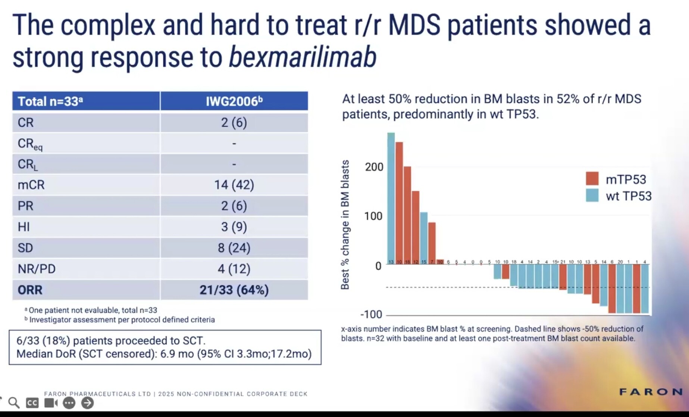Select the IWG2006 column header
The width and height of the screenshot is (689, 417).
click(234, 101)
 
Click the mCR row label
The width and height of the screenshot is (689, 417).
click(31, 185)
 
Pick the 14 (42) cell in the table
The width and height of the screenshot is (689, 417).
click(234, 185)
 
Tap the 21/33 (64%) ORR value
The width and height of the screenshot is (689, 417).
click(234, 290)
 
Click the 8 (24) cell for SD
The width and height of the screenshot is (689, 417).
click(234, 248)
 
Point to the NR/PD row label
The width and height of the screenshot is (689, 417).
click(37, 269)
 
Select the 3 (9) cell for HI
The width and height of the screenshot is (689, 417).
click(234, 227)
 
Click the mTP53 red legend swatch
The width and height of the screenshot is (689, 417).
click(592, 179)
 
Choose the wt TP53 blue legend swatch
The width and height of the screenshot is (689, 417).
click(592, 195)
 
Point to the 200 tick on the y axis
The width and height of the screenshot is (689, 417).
click(374, 167)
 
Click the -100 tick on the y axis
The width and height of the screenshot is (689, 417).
click(371, 314)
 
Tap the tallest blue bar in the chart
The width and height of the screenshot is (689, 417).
click(391, 198)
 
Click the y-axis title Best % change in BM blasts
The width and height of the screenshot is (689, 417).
click(345, 225)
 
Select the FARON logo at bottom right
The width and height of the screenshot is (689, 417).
click(651, 392)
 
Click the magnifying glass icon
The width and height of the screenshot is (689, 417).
click(14, 403)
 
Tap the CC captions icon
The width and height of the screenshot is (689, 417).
click(32, 403)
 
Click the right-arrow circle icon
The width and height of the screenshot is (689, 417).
click(88, 403)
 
